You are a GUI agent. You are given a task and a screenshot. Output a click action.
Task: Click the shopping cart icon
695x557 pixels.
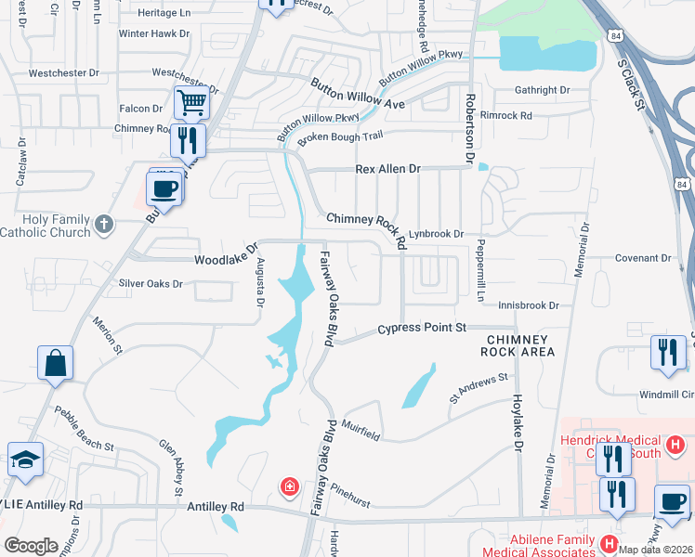[x=191, y=102]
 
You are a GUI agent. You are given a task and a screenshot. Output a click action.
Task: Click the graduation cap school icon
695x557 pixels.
[x=25, y=459]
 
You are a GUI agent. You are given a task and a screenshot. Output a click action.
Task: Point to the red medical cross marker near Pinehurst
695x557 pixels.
[x=290, y=486]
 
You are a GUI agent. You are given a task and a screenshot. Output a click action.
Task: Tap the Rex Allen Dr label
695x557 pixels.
[x=388, y=170]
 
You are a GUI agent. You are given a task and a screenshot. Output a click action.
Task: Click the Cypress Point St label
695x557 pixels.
[x=421, y=329]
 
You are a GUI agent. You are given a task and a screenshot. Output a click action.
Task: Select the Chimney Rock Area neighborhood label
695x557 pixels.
[x=518, y=345]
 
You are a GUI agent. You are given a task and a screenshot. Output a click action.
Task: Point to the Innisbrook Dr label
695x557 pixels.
[x=528, y=304]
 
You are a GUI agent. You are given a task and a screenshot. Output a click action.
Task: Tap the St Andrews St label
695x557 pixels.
[x=479, y=388]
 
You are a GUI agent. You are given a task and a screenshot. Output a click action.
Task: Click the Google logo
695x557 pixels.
[x=31, y=546]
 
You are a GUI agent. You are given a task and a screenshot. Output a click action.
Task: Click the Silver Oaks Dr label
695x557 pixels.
[x=151, y=283]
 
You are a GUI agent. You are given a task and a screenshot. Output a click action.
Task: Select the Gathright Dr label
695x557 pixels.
[x=542, y=91]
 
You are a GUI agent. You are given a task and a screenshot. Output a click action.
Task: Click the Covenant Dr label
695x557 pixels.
[x=642, y=258]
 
